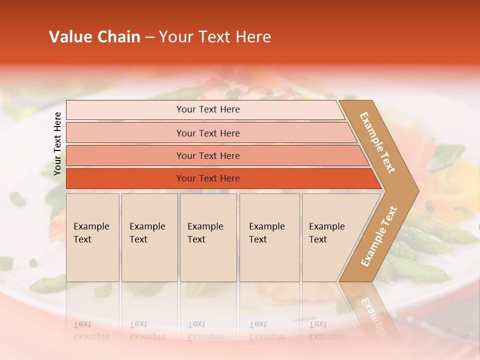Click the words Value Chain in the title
tap(94, 37)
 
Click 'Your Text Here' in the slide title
tap(215, 37)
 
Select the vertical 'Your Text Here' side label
tap(58, 143)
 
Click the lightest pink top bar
tap(125, 110)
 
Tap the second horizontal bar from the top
tap(125, 133)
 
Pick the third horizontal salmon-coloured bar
tap(125, 155)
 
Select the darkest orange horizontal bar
tap(125, 178)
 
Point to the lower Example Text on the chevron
tap(379, 236)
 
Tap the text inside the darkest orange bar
tap(208, 178)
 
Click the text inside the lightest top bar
tap(208, 109)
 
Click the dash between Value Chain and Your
tap(149, 37)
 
